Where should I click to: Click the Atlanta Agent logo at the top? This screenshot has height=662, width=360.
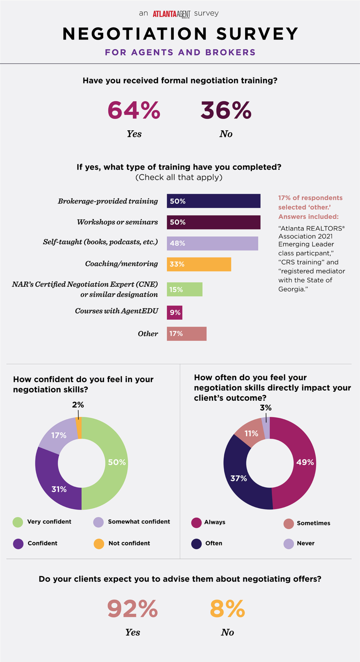[x=171, y=14]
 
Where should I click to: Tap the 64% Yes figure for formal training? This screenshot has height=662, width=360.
[x=134, y=111]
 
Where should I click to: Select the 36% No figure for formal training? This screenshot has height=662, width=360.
[x=226, y=111]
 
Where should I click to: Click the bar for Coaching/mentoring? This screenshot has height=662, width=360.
[x=199, y=264]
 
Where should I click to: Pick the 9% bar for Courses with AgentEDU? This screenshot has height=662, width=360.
[x=175, y=313]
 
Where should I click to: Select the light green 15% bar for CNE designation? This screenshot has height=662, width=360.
[x=185, y=289]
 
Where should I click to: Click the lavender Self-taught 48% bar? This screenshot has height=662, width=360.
[x=212, y=243]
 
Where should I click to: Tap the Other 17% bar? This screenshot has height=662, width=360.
[x=186, y=334]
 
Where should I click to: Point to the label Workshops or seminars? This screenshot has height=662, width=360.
[x=117, y=222]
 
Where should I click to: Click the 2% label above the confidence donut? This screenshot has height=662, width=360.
[x=78, y=405]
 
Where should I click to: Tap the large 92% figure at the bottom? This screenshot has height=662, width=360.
[x=132, y=609]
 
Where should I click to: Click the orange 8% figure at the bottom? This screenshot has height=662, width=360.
[x=227, y=609]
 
